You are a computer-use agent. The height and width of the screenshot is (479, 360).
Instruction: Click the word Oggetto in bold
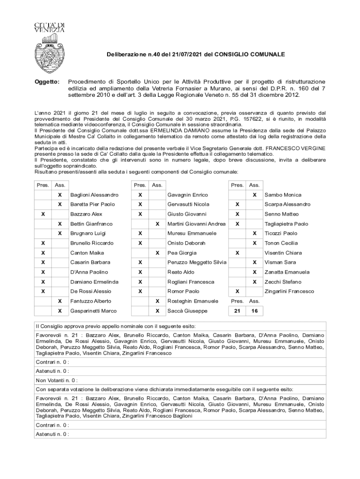[x=48, y=82]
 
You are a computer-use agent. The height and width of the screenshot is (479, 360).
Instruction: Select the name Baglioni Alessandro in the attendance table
[x=94, y=195]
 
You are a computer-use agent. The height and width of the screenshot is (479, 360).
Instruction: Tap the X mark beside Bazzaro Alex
[x=43, y=214]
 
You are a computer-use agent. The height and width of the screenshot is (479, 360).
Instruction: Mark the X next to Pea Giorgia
[x=157, y=253]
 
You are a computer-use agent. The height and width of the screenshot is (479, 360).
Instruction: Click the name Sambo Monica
[x=283, y=195]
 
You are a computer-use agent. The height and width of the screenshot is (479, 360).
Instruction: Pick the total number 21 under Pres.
[x=237, y=311]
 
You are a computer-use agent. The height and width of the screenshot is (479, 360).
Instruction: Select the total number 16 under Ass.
[x=254, y=311]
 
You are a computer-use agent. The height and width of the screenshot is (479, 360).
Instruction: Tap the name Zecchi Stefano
[x=283, y=282]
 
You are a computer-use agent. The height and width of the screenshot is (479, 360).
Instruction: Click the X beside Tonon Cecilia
[x=254, y=243]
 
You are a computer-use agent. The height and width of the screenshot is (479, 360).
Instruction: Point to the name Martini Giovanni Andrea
[x=196, y=224]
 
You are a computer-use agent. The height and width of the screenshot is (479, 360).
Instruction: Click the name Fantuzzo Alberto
[x=91, y=301]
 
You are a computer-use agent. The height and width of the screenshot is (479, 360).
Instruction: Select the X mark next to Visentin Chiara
[x=238, y=253]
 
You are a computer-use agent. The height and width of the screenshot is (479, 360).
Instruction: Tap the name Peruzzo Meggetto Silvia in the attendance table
[x=196, y=262]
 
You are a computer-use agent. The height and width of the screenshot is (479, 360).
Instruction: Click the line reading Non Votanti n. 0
[x=57, y=380]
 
